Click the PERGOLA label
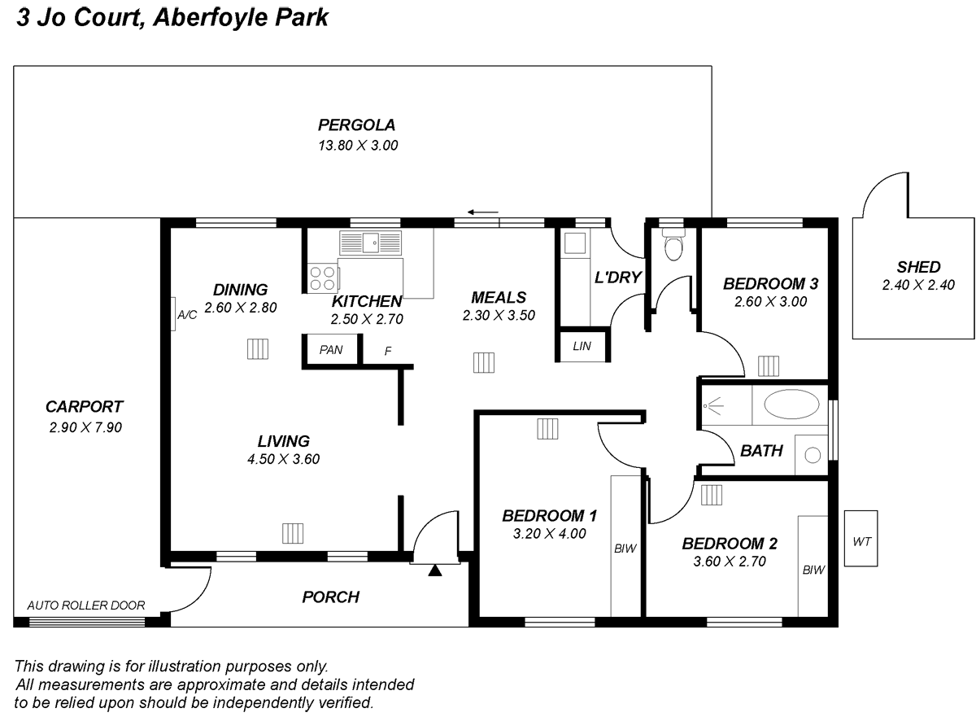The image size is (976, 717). point(356,125)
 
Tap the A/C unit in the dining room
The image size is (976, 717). point(175,313)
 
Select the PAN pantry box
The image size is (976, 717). point(331,350)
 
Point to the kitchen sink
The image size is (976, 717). point(372,242)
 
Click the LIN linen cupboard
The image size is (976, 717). point(582,346)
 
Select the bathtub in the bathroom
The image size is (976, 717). point(791,405)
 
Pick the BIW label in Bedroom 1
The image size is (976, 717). point(625,549)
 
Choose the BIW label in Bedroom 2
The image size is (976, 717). point(813,571)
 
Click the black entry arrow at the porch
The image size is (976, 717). point(435,570)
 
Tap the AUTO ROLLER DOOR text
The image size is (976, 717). point(86,606)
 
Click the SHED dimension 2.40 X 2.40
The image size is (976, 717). point(917,285)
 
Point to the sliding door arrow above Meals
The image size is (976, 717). point(483,213)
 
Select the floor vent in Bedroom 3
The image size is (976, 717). point(769,364)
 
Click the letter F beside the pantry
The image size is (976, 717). point(388,351)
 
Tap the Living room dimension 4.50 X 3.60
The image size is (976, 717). point(283,459)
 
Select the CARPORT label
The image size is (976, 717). point(84,407)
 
